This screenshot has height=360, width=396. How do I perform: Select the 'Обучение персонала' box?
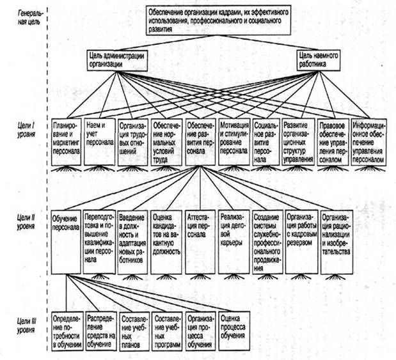67,240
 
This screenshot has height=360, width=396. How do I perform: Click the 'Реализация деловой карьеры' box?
234,240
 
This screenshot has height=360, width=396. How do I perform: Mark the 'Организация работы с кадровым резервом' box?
301,240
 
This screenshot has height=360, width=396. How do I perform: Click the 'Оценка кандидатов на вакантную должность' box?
167,240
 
